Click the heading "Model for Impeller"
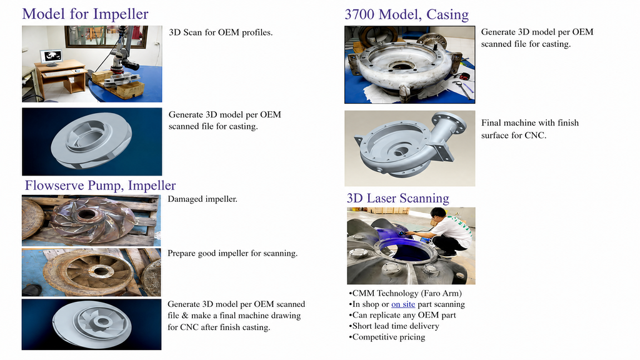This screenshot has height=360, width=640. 85,14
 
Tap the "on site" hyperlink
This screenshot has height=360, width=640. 403,304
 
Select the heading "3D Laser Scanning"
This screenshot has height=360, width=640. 398,198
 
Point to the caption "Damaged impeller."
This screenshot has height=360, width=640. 202,199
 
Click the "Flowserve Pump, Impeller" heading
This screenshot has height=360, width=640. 101,185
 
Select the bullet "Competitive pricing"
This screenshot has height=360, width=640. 387,337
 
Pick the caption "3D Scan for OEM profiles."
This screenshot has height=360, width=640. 221,32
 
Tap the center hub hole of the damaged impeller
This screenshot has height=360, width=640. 86,215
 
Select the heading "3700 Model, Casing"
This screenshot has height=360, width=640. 406,14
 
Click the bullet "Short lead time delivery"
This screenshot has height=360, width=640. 394,326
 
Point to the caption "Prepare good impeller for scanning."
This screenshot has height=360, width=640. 232,254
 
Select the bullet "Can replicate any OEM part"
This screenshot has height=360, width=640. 402,315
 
